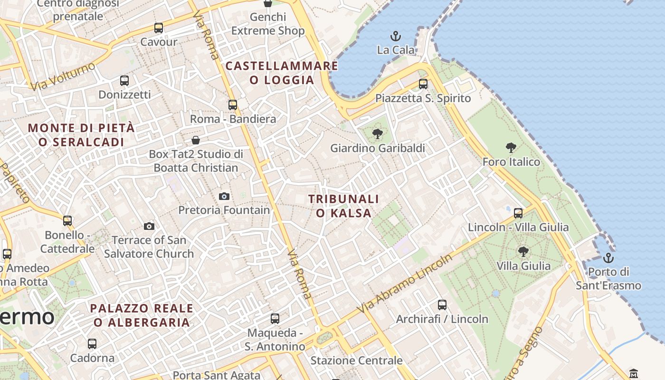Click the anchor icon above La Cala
coord(395,36)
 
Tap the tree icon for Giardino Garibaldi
coord(378,134)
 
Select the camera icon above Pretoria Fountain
coord(224,196)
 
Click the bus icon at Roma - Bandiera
coord(233,105)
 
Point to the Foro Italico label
coord(511,162)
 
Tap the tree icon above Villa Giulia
coord(523,252)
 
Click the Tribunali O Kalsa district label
coord(343,206)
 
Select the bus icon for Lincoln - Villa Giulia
coord(518,213)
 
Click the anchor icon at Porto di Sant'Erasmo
coord(608,258)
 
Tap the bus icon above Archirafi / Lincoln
coord(442,305)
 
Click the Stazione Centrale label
coord(356,361)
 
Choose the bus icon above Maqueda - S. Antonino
coord(275,319)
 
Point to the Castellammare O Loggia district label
coord(282,73)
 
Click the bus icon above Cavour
coord(159,28)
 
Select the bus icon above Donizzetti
coord(124,81)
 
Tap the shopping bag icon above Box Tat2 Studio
coord(196,140)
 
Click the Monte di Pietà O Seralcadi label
coord(81,135)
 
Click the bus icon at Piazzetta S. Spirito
coord(423,84)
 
